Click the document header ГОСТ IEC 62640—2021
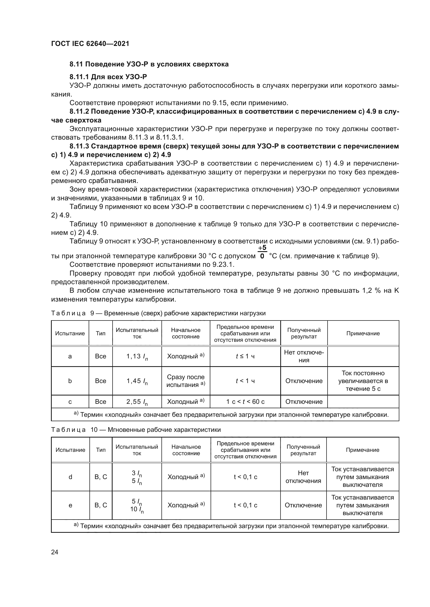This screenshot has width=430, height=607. tap(90, 44)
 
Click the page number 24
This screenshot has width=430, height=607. tap(55, 552)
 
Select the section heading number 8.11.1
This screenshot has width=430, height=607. tap(79, 77)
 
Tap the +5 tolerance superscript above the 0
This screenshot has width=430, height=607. tap(262, 248)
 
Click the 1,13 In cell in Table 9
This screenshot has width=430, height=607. tap(137, 356)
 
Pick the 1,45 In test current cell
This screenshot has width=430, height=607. tap(137, 381)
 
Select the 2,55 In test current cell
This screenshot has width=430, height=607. tap(137, 402)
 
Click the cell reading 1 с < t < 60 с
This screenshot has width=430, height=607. tap(245, 401)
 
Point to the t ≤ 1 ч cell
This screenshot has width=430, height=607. tap(245, 356)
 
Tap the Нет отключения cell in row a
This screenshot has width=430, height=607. tap(304, 356)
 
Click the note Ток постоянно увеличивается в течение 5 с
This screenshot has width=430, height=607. tap(363, 381)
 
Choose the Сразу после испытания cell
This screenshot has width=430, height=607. tap(186, 381)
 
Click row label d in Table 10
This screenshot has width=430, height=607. tap(70, 477)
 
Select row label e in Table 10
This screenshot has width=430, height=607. tap(70, 505)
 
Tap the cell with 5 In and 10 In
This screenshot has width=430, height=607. tap(137, 505)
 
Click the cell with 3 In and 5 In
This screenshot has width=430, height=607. tap(137, 477)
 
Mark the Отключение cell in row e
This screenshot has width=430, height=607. tap(303, 505)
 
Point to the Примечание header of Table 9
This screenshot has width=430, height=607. tap(363, 333)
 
